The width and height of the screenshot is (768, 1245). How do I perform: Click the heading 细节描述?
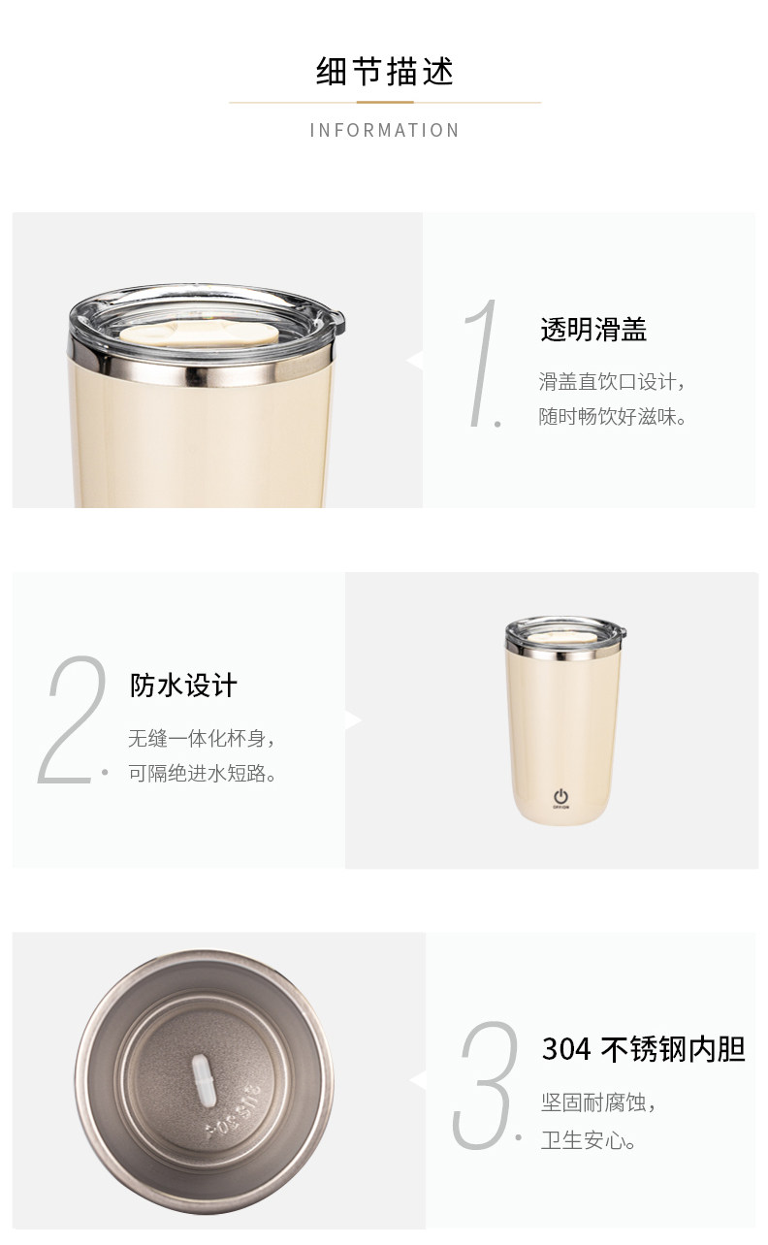tap(385, 71)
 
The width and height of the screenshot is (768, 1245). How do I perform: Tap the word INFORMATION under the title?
tap(384, 130)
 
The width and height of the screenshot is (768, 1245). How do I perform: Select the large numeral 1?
tap(481, 363)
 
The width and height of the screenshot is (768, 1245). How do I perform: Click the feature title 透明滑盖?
tap(593, 329)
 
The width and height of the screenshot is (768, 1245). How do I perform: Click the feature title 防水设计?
tap(183, 686)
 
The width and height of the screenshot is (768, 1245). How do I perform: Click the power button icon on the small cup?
tap(560, 796)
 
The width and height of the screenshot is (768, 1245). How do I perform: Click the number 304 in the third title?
tap(566, 1049)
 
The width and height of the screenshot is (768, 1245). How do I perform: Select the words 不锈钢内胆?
tap(673, 1049)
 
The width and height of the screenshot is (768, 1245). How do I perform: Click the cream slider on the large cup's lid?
tap(199, 335)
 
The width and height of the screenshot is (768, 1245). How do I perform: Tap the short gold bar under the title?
tap(385, 102)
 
